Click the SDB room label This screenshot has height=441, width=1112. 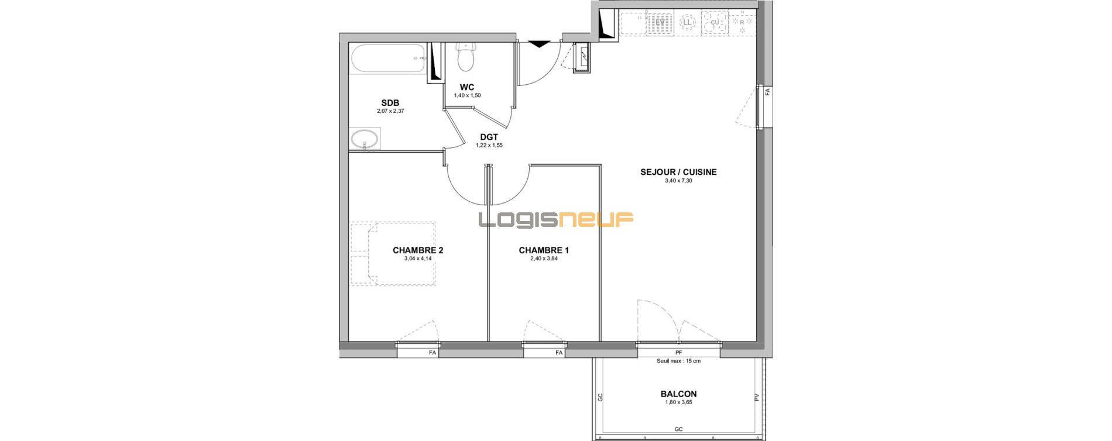click(390, 103)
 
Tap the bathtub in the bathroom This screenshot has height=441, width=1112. click(388, 58)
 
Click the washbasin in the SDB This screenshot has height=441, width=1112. click(365, 140)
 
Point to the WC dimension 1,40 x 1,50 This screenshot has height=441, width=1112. click(467, 95)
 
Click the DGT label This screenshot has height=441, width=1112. click(489, 137)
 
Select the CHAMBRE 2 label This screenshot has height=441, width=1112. click(418, 250)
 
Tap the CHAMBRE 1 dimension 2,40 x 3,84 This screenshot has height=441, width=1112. click(544, 259)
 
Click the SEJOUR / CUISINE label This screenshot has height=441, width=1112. click(678, 172)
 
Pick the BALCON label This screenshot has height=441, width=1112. click(678, 394)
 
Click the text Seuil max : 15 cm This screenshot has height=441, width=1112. click(678, 361)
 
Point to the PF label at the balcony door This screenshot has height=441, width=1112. click(678, 353)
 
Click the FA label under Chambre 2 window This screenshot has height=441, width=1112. click(433, 353)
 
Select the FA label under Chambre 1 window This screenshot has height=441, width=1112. click(559, 353)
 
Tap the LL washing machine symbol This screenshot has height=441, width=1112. click(687, 22)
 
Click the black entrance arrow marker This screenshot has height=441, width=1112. click(539, 43)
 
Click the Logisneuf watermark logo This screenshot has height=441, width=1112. click(556, 219)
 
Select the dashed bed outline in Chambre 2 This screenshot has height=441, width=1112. click(393, 253)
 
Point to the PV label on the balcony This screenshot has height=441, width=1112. click(756, 397)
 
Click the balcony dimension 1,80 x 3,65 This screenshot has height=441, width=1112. click(678, 402)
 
